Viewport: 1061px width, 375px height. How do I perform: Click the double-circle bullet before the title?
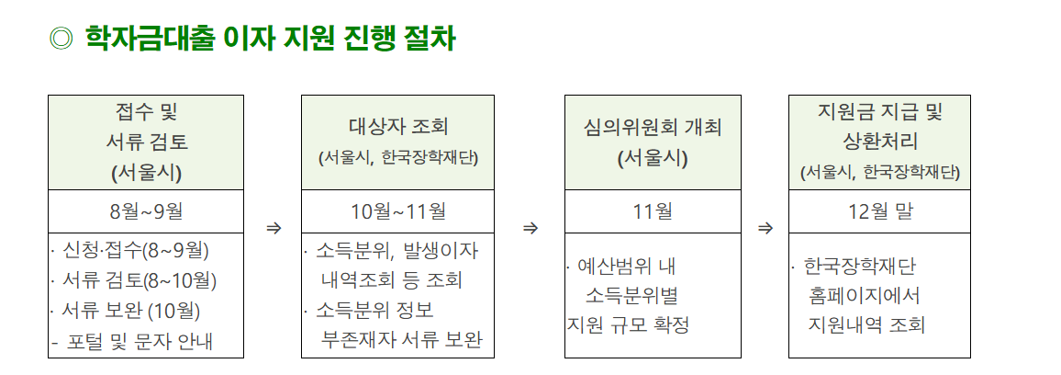(61, 39)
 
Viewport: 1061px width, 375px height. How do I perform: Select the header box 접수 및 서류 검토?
(146, 142)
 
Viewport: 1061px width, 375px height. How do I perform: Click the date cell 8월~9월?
(146, 211)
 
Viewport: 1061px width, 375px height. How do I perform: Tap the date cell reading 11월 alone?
(653, 211)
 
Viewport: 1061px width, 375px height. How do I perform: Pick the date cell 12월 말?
(879, 211)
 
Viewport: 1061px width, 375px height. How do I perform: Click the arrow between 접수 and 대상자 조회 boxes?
(273, 227)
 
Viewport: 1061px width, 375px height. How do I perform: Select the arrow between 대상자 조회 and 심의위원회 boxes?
(530, 227)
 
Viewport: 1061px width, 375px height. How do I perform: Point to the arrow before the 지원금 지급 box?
(765, 227)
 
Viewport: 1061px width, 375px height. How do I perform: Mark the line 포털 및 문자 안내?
(138, 342)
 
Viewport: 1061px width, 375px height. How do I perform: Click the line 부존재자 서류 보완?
(401, 341)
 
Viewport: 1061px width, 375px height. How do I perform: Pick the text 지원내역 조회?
(866, 324)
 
